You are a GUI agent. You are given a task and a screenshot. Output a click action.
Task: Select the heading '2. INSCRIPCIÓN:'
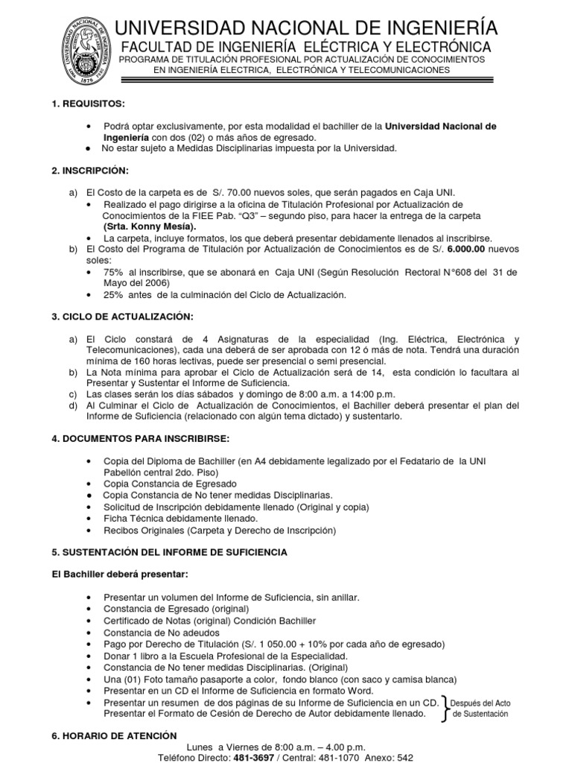coord(86,171)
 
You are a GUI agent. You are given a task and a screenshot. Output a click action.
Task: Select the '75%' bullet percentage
coord(113,272)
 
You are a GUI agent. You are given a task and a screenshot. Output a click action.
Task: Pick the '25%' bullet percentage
coord(113,295)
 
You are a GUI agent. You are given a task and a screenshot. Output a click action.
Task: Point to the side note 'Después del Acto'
coord(482,703)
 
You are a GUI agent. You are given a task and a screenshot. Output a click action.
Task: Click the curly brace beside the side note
coord(446,708)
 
